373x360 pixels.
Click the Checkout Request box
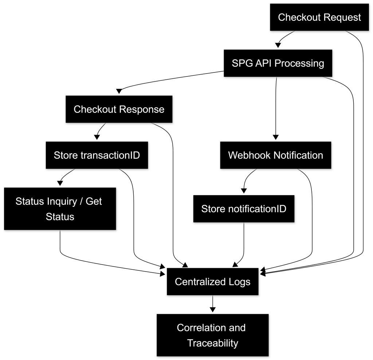point(319,17)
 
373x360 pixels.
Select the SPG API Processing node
point(278,63)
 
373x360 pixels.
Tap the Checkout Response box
point(119,109)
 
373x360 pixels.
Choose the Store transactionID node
point(97,155)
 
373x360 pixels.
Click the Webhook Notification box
point(275,155)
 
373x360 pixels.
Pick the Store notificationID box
point(244,209)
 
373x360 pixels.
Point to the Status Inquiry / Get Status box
point(60,209)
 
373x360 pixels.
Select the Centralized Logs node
point(213,281)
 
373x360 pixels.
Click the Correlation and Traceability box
point(213,335)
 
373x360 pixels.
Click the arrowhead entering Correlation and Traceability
point(213,310)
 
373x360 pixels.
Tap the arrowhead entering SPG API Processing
point(278,45)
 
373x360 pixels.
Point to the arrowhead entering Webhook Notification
point(275,137)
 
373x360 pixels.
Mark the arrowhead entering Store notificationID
point(244,191)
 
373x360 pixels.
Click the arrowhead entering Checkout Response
point(119,91)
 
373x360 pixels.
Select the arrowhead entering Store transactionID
point(97,137)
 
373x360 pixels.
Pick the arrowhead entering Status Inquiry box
point(60,183)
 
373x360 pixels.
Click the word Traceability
point(213,343)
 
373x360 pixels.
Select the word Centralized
point(200,282)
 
